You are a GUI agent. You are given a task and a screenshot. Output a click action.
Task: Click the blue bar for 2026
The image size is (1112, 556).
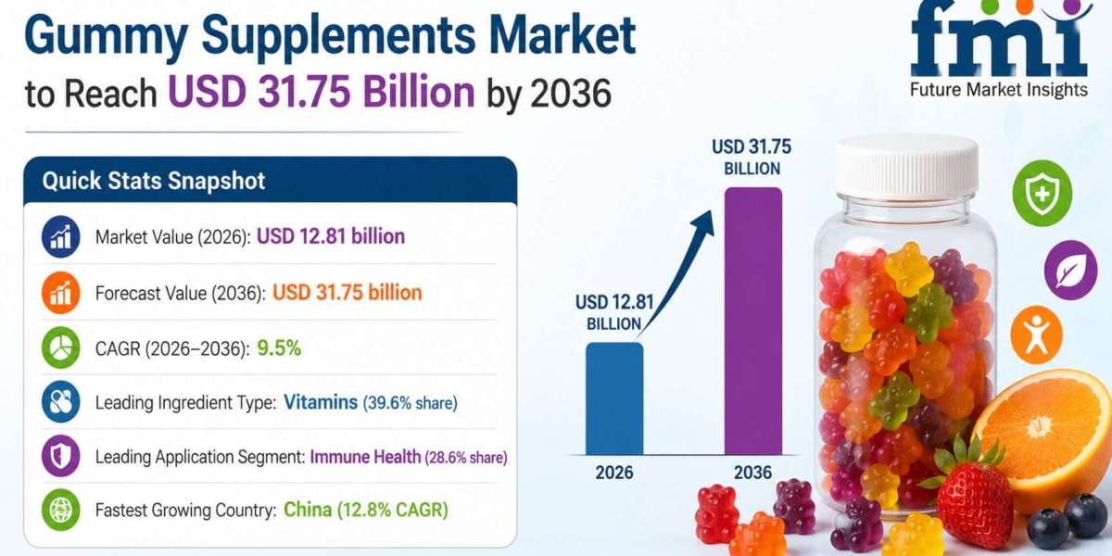(x=614, y=398)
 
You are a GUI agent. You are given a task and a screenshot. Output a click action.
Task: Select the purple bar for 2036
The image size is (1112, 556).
(x=753, y=321)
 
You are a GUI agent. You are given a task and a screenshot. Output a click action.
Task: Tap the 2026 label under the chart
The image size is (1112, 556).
(x=614, y=473)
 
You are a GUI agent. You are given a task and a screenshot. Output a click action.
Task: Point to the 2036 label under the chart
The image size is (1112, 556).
(x=752, y=473)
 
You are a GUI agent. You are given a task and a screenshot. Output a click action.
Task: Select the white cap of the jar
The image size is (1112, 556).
(x=906, y=164)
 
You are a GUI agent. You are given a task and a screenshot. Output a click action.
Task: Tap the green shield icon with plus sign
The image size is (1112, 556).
(x=1042, y=193)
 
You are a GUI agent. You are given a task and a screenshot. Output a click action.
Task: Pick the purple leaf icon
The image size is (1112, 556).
(x=1071, y=270)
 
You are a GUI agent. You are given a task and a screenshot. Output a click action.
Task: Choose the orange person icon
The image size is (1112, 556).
(x=1037, y=335)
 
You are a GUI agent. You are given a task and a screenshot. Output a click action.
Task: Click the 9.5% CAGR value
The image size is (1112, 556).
(x=279, y=348)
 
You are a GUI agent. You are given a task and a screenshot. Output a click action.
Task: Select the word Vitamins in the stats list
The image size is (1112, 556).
(x=321, y=402)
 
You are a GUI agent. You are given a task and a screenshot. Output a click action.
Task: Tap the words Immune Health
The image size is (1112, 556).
(x=365, y=457)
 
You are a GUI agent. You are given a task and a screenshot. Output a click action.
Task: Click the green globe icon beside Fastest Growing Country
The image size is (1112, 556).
(x=60, y=510)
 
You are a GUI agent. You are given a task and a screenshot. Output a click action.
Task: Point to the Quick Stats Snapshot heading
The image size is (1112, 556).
(x=154, y=180)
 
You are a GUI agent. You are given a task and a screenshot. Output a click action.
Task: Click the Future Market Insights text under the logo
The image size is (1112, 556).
(x=998, y=90)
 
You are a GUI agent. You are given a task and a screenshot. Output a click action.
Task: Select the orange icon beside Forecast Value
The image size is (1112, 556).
(x=60, y=293)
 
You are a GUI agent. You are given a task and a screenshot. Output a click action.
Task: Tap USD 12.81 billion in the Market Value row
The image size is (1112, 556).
(x=331, y=236)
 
